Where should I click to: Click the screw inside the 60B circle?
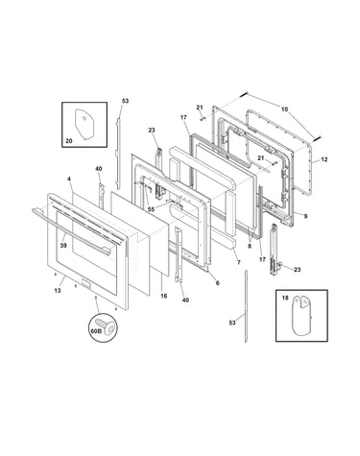click(x=108, y=325)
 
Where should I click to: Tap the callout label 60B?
click(x=96, y=331)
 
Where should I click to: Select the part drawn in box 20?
click(x=84, y=124)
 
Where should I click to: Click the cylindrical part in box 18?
click(x=302, y=316)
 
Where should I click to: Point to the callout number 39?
click(x=63, y=245)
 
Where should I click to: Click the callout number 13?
click(x=58, y=291)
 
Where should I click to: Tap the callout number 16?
click(x=163, y=296)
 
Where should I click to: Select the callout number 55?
click(x=151, y=209)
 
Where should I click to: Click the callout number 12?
click(x=324, y=159)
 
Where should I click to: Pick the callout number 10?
click(x=284, y=109)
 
